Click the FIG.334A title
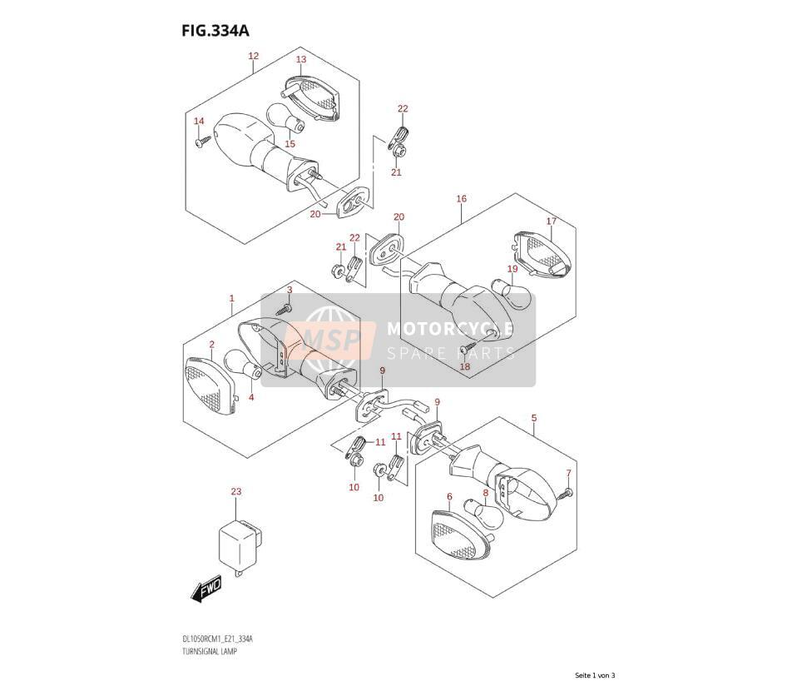click(215, 31)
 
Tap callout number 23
click(235, 491)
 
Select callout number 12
click(253, 56)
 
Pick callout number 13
click(301, 59)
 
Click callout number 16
click(461, 198)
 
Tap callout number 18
click(464, 366)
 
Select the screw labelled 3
click(285, 308)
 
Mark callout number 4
click(251, 397)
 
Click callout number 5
click(534, 418)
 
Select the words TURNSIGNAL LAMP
click(209, 651)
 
